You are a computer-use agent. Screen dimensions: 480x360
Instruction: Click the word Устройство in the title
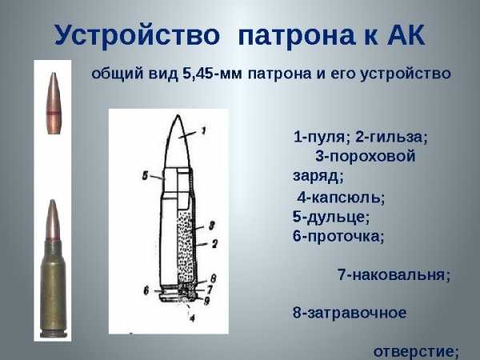(137, 34)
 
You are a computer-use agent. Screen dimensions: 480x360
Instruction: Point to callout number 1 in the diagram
(204, 131)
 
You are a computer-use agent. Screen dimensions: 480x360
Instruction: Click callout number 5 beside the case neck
(145, 176)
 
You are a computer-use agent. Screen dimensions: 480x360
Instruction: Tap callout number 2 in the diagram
(214, 244)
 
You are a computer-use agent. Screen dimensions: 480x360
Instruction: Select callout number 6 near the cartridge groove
(146, 290)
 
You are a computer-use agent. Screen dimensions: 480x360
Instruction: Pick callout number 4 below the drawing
(192, 318)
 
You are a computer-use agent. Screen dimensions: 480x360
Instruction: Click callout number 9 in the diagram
(207, 301)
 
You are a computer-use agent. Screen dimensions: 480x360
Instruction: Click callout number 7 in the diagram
(210, 290)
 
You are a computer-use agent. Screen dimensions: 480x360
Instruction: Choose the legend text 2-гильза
(391, 137)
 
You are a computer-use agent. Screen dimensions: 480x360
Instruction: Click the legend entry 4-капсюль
(341, 198)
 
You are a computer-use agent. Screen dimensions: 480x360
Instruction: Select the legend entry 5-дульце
(331, 217)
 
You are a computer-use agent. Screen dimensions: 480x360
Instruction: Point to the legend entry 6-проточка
(338, 237)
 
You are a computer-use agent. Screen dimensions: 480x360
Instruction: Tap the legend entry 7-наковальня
(394, 274)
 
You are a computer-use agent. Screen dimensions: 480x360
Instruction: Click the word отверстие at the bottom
(416, 352)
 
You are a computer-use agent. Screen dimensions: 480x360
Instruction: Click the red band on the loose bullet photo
(53, 113)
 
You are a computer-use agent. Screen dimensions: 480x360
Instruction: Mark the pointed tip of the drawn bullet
(178, 116)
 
